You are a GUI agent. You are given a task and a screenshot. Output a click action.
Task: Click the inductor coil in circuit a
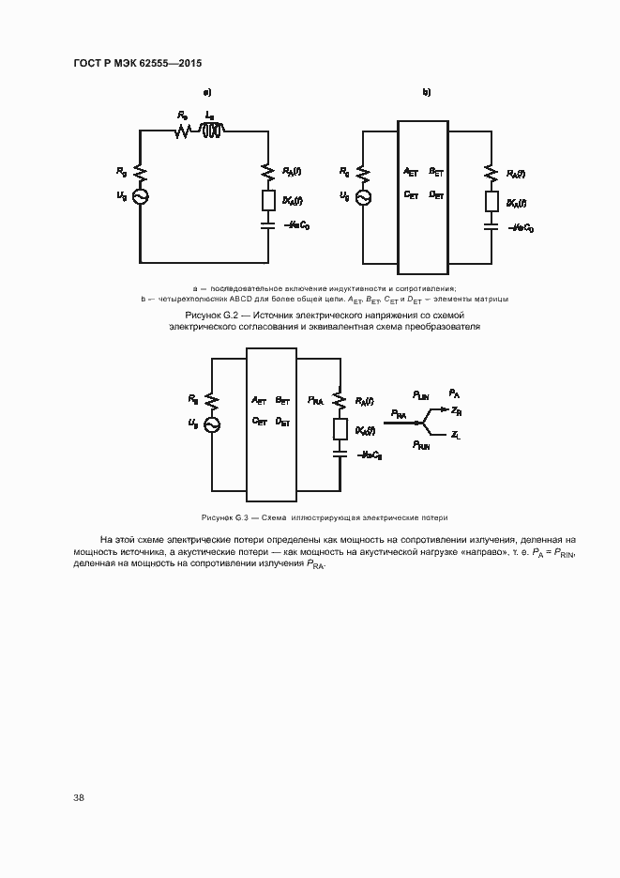[x=213, y=132]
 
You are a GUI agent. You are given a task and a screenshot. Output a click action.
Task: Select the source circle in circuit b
[x=363, y=195]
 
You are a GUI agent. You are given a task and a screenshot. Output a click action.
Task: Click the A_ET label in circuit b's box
[x=410, y=172]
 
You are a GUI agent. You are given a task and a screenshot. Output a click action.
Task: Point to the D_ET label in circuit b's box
[x=436, y=194]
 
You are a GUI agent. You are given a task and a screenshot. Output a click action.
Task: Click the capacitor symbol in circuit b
[x=491, y=225]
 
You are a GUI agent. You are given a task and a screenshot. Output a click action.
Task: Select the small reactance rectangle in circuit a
[x=268, y=201]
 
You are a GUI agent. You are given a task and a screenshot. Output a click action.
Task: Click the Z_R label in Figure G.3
[x=456, y=411]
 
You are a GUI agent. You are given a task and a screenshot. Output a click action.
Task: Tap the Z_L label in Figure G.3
[x=455, y=437]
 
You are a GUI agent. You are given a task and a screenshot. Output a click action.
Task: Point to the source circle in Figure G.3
[x=211, y=424]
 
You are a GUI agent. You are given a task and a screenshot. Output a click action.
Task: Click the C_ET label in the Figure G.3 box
[x=259, y=422]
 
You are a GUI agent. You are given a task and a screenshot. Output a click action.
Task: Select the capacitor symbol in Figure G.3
[x=340, y=454]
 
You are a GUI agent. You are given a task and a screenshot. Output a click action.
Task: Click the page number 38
[x=79, y=797]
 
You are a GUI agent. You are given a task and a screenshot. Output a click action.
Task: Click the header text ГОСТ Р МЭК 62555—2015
[x=137, y=63]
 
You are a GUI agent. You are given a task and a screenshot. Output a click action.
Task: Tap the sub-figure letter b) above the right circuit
[x=427, y=92]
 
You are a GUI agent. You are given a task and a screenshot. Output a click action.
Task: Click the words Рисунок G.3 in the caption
[x=223, y=517]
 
